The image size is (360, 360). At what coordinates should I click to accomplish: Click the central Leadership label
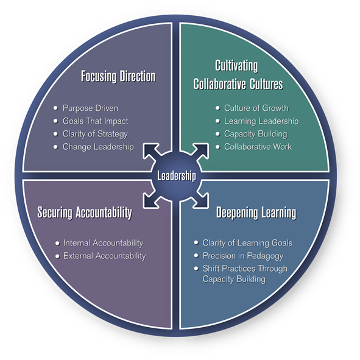177,177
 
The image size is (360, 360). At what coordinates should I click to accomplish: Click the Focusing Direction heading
118,77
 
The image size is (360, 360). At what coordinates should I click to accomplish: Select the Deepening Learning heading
256,213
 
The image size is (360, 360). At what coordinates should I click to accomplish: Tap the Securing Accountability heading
85,213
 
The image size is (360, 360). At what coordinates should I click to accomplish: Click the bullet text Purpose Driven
90,108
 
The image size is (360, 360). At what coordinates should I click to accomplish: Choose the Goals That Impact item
95,121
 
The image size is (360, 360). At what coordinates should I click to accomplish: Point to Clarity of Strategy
95,134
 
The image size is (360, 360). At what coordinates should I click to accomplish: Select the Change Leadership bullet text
98,147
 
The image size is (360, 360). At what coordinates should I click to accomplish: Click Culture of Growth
256,108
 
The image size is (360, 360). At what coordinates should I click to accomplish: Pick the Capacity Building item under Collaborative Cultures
255,134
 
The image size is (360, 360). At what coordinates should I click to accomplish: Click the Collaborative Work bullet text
258,147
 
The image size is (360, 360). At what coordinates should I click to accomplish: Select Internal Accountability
103,243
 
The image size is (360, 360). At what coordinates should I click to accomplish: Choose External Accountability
104,256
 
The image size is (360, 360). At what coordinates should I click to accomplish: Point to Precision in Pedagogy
243,256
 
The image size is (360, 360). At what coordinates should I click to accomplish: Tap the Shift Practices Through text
245,269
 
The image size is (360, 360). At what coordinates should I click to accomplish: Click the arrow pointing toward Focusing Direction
151,151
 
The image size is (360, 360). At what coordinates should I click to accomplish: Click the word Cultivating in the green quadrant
236,65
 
